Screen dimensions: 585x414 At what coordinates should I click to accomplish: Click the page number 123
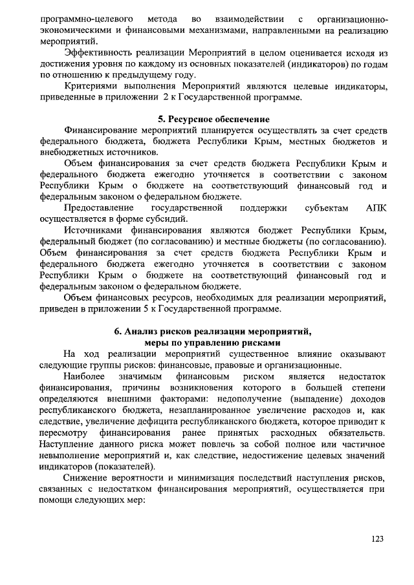pyautogui.click(x=378, y=538)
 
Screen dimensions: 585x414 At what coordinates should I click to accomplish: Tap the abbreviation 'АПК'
pyautogui.click(x=376, y=209)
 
